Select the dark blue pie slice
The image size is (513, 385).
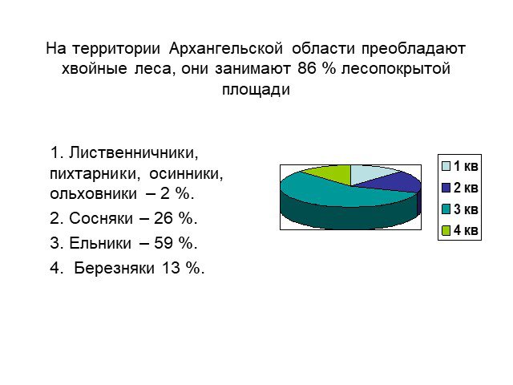[399, 183]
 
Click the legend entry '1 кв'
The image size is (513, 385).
[460, 166]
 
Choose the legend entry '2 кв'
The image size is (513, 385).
[460, 188]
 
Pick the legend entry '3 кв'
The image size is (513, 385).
[460, 209]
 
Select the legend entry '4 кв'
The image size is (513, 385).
[460, 230]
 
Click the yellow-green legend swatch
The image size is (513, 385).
[446, 231]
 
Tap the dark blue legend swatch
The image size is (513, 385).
[446, 188]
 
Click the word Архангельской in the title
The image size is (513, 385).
[226, 49]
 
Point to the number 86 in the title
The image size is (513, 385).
[307, 69]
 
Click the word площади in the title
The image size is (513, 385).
[256, 89]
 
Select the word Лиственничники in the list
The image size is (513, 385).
[134, 153]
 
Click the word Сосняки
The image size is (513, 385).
[101, 218]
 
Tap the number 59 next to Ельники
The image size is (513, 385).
[164, 243]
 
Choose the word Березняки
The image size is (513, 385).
[114, 269]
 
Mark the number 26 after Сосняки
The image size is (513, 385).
[164, 218]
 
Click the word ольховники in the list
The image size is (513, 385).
[93, 194]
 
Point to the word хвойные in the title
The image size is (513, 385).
[95, 69]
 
